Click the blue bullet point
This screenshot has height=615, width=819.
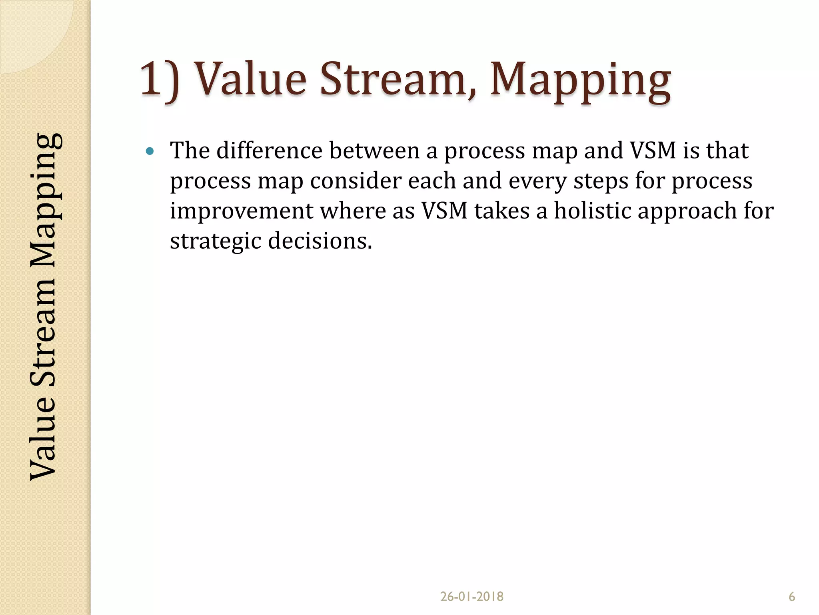click(150, 151)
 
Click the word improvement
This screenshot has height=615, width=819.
click(242, 211)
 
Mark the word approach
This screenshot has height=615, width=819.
click(687, 211)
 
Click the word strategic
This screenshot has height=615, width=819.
click(215, 241)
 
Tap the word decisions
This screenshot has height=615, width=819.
click(320, 241)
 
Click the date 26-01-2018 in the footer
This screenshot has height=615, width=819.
click(471, 597)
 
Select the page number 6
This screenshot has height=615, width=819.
click(791, 597)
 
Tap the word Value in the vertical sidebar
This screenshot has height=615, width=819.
click(43, 438)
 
